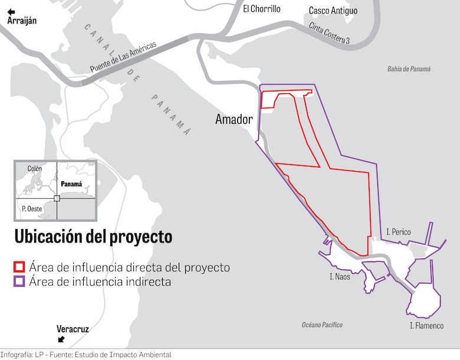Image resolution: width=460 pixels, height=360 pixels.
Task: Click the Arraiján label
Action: coord(22,21)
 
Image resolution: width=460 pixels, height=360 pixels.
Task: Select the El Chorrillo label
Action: coord(262,9)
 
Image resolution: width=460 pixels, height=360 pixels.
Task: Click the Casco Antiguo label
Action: coord(333,11)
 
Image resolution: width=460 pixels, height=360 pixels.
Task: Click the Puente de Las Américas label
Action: coord(123,57)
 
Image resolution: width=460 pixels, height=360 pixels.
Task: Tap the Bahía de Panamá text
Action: coord(409,69)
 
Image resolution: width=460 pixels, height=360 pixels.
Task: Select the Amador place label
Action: coord(234,119)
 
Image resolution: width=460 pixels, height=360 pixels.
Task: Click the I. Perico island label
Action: coord(399,232)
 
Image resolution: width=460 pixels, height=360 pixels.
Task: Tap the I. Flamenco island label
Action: coord(426,326)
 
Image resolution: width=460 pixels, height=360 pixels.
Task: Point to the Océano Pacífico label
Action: coord(322,325)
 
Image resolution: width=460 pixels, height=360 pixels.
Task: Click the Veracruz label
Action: coord(73,329)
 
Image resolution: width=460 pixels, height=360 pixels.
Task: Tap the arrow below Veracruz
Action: coord(61,339)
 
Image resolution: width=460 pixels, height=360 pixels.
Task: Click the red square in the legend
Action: coord(20,267)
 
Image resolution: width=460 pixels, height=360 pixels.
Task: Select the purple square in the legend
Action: coord(20,282)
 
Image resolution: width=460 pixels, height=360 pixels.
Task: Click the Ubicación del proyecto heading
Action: coord(93,237)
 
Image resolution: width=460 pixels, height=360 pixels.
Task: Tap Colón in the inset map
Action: coord(35,169)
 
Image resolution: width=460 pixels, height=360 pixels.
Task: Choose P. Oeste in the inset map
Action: coord(31,208)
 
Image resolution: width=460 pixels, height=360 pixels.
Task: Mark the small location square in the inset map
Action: coord(57,198)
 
